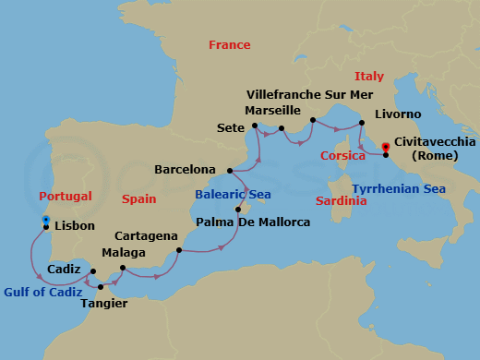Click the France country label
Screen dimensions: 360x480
click(229, 44)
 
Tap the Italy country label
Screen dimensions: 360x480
click(369, 75)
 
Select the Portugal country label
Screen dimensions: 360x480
click(66, 197)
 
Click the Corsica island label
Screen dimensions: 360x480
click(342, 156)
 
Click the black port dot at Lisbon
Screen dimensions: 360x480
click(45, 226)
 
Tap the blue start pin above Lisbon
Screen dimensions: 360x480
click(45, 220)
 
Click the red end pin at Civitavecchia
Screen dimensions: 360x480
click(385, 146)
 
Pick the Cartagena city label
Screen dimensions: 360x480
click(143, 236)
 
